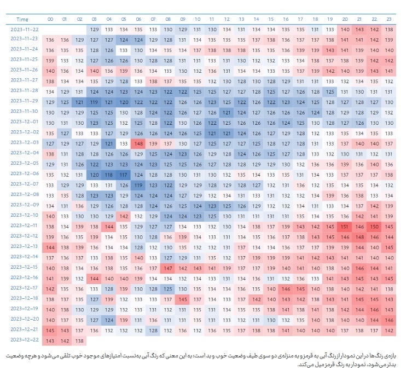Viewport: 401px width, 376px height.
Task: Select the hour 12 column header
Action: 226,19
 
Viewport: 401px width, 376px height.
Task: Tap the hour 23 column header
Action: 389,19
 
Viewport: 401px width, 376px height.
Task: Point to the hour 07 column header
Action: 153,19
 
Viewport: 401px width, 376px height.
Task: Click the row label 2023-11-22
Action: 24,29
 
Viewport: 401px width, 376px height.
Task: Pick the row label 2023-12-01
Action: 24,122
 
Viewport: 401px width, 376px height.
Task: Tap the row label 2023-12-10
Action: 24,215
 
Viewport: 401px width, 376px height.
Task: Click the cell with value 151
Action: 345,226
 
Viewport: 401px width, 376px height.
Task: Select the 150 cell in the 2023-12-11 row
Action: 374,226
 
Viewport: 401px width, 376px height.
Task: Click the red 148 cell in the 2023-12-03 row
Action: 138,143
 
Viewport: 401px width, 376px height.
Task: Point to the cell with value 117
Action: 124,175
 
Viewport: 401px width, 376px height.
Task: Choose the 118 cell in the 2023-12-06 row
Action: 108,175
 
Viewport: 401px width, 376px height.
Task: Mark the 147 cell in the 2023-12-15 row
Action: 168,268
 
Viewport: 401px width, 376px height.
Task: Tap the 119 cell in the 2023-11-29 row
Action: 94,102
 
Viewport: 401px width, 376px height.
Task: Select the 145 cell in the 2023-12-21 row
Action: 50,330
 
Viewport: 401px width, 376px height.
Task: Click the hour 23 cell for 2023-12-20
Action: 389,320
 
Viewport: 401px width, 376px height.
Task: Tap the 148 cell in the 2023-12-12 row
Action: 359,236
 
